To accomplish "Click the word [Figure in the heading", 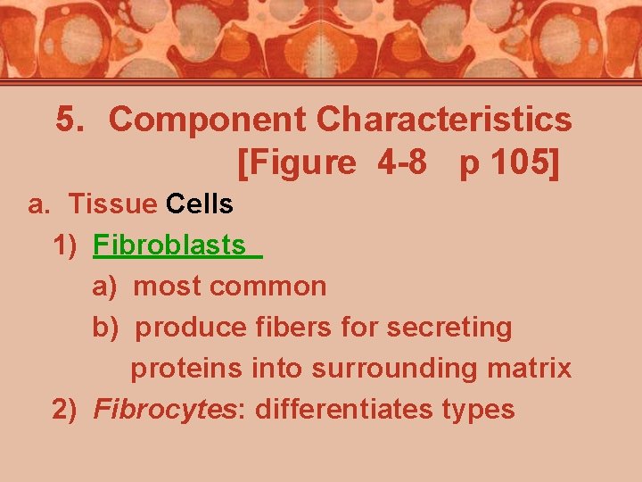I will [x=297, y=163].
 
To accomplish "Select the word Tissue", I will [x=112, y=204].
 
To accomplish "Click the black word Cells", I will [x=200, y=204].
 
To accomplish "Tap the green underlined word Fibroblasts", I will [x=169, y=245].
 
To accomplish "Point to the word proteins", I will [x=187, y=368].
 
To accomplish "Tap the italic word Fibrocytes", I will [x=169, y=409].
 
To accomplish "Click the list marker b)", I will [x=106, y=328].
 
